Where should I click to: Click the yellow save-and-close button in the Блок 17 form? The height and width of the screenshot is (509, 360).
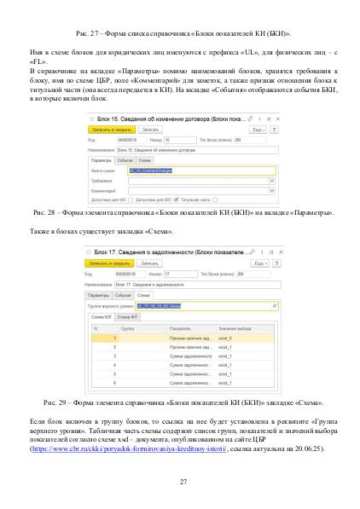click(x=107, y=264)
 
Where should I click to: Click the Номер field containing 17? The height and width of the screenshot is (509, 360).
click(x=175, y=275)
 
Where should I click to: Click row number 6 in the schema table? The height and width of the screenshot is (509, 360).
click(x=102, y=385)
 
